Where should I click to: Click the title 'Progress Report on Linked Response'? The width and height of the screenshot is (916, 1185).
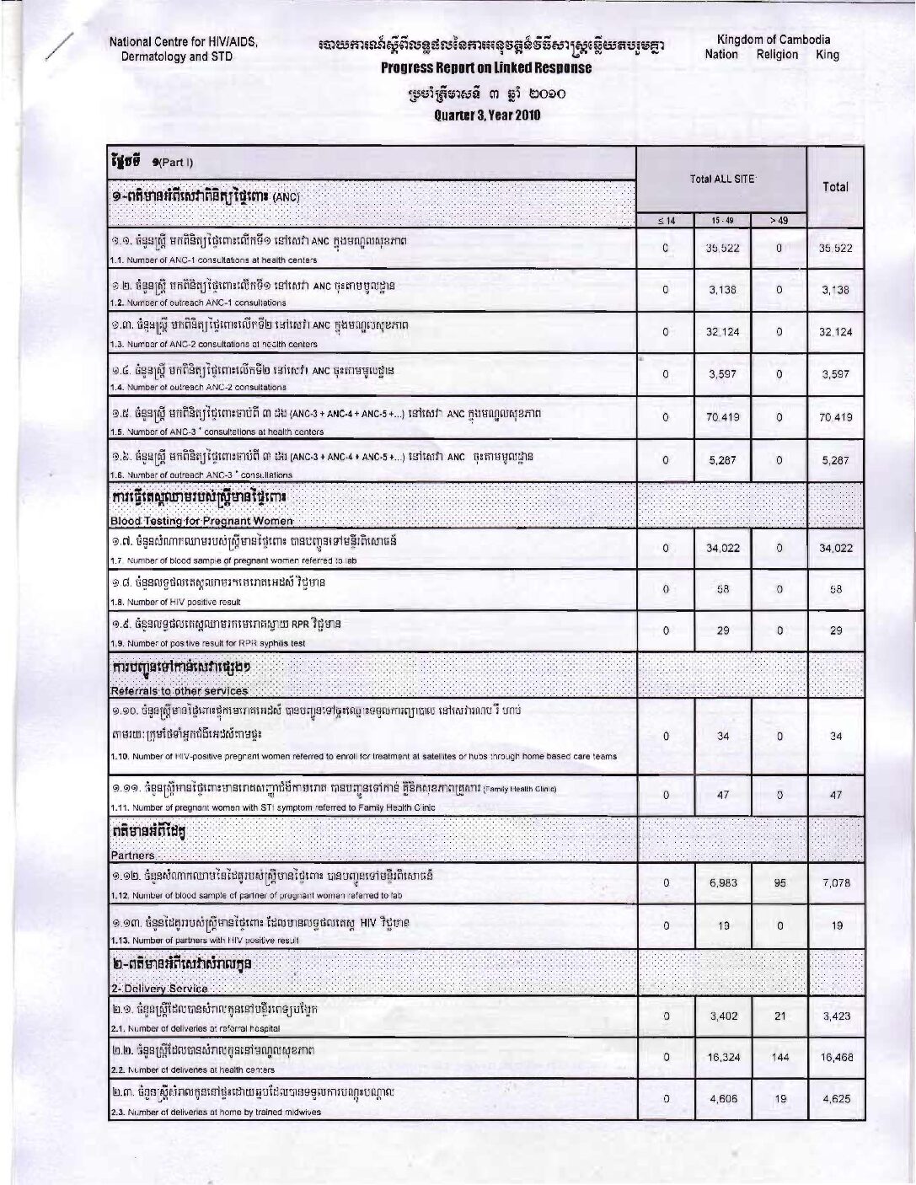point(486,68)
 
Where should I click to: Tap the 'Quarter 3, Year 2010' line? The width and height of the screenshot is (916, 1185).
point(486,115)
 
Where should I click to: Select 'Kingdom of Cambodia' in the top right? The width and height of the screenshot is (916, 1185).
point(773,40)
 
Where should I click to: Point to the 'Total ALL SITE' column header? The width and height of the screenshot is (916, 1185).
point(721,180)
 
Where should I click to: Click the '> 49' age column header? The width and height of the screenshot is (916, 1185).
point(779,221)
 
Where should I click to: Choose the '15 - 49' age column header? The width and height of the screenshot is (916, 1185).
point(722,221)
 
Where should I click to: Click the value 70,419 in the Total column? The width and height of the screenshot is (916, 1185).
point(835,417)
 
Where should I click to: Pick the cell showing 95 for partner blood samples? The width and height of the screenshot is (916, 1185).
point(779,882)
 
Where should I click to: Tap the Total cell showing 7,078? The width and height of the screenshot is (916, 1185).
point(835,882)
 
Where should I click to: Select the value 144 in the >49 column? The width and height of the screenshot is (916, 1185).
point(779,1057)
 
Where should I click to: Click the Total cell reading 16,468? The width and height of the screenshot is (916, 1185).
point(835,1057)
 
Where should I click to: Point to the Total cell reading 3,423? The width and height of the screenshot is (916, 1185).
point(835,1016)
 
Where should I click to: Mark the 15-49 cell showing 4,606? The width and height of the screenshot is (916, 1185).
point(722,1099)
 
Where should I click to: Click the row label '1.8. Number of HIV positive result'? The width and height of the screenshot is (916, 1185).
point(176,602)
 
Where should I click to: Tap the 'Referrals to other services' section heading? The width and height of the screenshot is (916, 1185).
point(179,690)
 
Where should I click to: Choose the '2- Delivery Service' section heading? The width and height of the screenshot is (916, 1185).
point(159,988)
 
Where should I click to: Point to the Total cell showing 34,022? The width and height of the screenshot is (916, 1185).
point(835,548)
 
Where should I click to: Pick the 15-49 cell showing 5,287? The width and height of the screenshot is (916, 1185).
point(722,460)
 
